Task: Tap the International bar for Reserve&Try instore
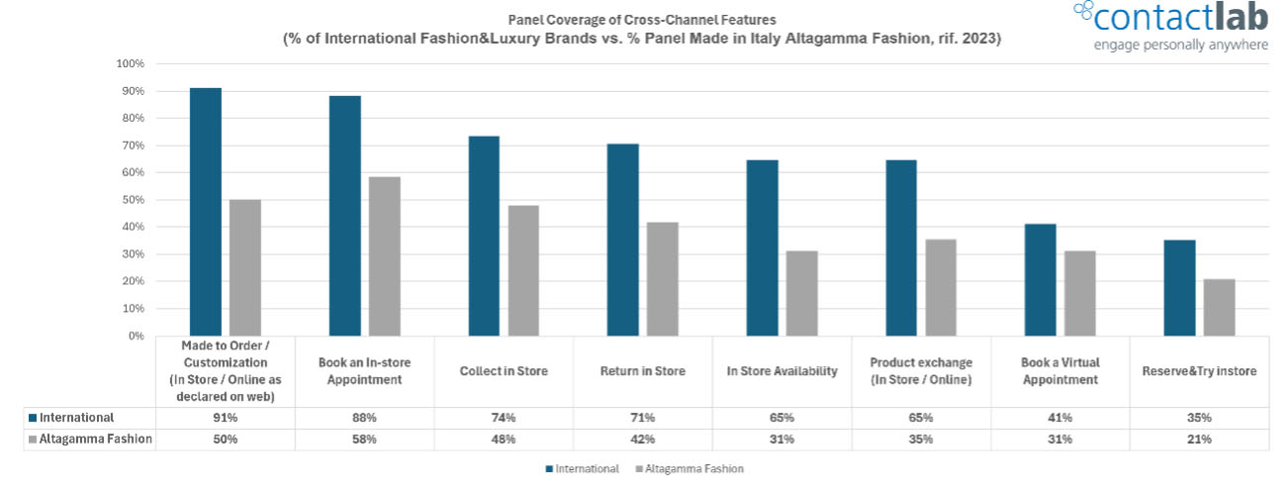[x=1179, y=288]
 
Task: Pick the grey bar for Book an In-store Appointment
[x=384, y=256]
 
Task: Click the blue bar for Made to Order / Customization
[x=206, y=212]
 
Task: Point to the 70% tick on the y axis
[x=132, y=146]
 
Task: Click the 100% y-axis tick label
[x=130, y=63]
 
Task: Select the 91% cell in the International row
[x=225, y=418]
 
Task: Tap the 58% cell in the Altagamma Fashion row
[x=364, y=439]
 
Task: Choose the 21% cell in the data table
[x=1199, y=439]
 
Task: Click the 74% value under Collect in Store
[x=504, y=418]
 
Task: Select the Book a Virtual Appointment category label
[x=1059, y=371]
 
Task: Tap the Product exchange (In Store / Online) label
[x=921, y=371]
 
